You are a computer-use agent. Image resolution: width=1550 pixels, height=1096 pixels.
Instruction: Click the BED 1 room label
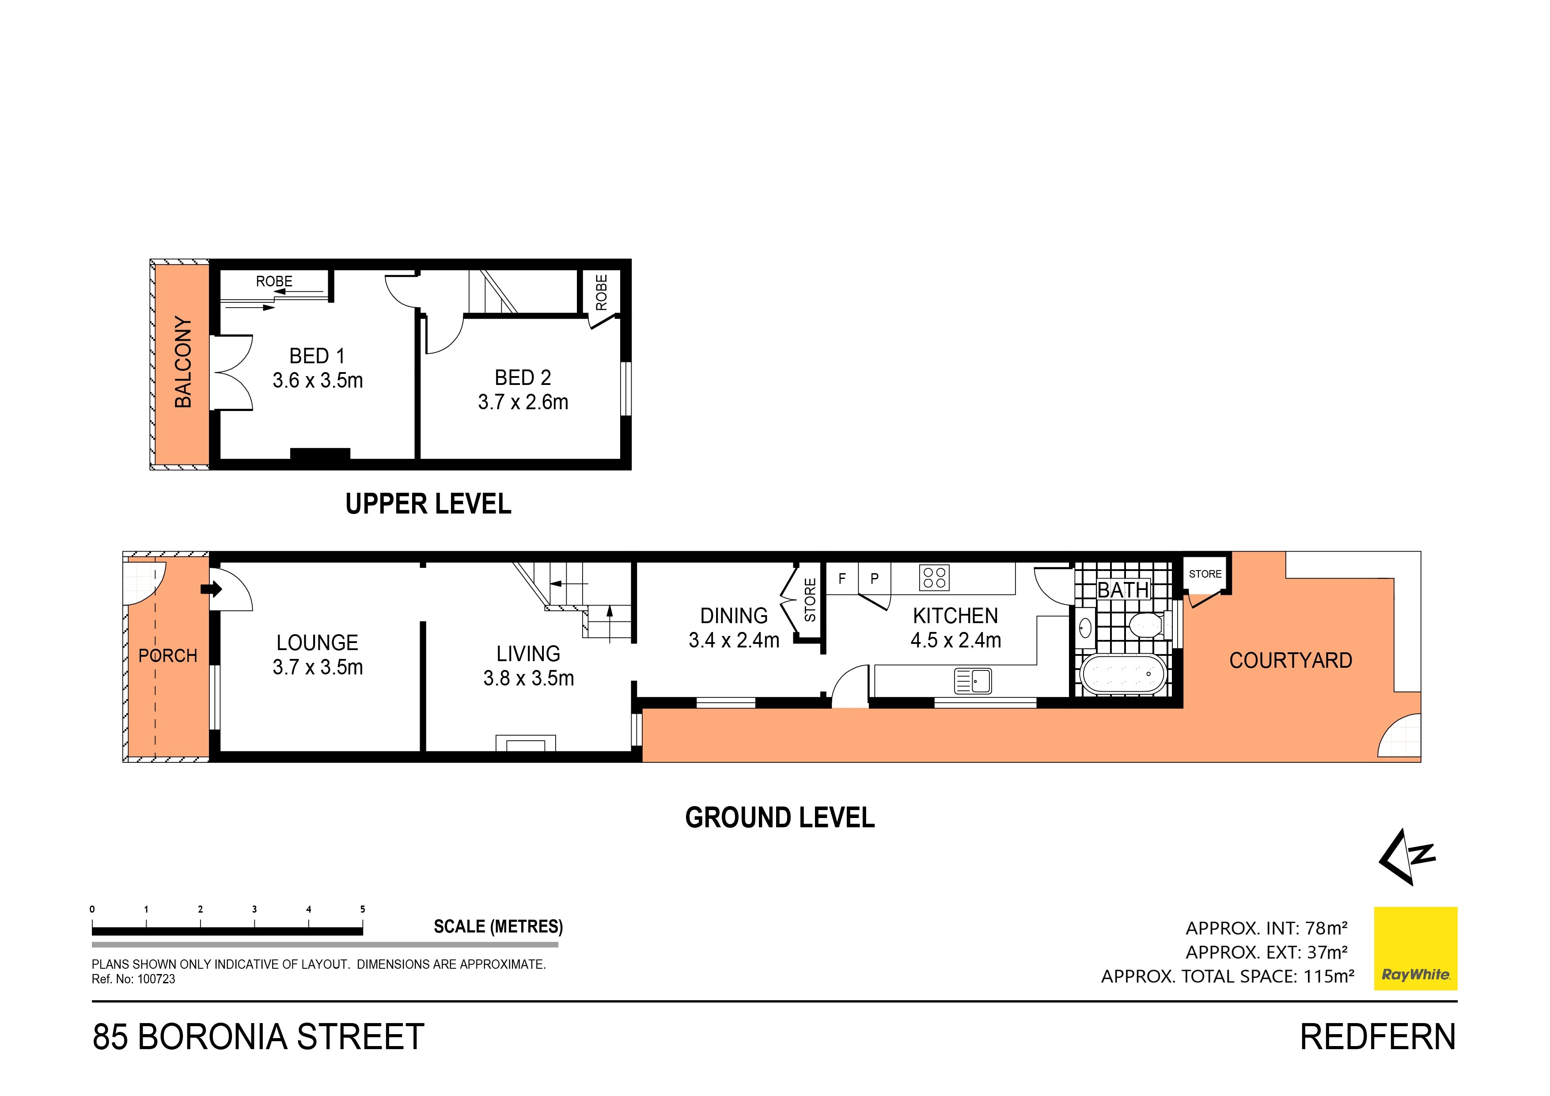coord(317,356)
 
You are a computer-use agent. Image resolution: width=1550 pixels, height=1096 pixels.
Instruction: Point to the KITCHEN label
coord(955,616)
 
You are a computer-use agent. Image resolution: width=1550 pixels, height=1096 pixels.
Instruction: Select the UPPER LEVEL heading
coord(428,504)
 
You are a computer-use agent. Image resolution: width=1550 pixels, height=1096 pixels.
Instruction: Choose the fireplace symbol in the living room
coord(526,743)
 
